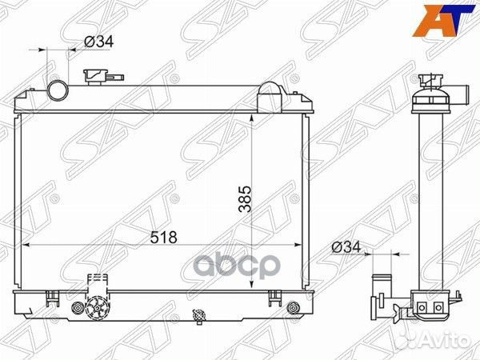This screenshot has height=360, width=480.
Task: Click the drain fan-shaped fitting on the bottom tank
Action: (x=98, y=308)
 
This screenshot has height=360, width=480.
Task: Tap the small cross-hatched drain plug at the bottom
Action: (x=194, y=314)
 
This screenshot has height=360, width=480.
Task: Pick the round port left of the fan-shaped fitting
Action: (x=78, y=307)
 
